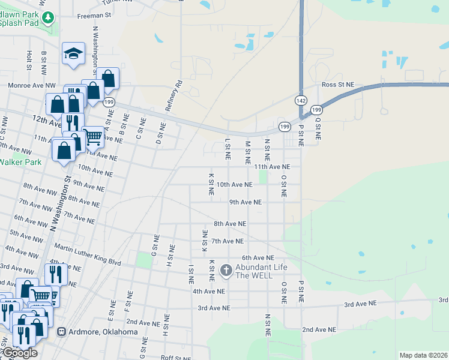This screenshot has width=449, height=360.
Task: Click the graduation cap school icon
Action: pos(73,53)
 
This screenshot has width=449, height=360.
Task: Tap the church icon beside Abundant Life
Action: pos(226,271)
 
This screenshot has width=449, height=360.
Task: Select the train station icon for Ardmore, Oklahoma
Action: pos(61,332)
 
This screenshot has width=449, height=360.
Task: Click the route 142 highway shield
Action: pos(301,100)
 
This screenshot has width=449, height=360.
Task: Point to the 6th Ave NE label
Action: pos(258,257)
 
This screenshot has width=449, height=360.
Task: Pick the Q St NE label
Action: pos(318,128)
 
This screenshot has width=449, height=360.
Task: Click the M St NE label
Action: pos(247,153)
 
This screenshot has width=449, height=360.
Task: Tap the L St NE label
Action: pos(228,149)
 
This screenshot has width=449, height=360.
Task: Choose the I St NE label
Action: pos(191,274)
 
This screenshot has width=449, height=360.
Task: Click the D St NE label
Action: pos(161,133)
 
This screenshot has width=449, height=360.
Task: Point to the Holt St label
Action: pos(29,60)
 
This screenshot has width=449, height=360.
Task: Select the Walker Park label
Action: pos(20,162)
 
